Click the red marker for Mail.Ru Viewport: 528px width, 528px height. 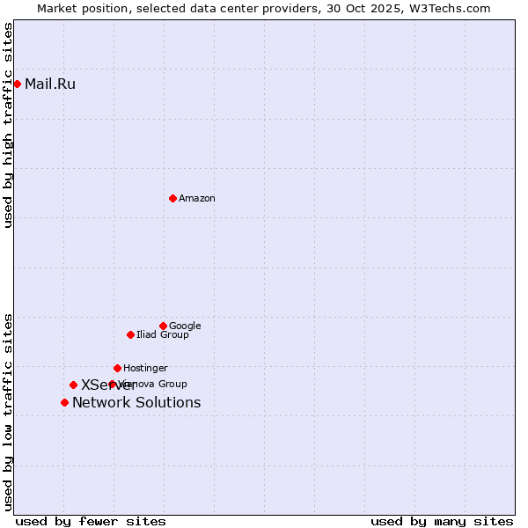tap(17, 84)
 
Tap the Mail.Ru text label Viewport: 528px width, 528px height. tap(50, 84)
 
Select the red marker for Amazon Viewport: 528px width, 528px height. tap(172, 198)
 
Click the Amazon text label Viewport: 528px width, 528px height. tap(197, 199)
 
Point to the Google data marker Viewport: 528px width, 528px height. tap(163, 326)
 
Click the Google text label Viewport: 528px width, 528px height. tap(185, 326)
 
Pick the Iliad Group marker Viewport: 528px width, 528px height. tap(130, 334)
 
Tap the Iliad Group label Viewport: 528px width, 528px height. tap(163, 335)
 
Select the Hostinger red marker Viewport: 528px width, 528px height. tap(117, 368)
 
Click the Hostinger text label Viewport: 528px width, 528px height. tap(145, 369)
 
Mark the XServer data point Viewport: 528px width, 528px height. tap(73, 385)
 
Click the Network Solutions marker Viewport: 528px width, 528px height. tap(64, 402)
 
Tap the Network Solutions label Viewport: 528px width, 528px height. tap(136, 403)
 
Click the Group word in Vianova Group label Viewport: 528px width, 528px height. tap(172, 385)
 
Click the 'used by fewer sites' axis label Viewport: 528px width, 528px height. tap(91, 521)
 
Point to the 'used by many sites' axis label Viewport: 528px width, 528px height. tap(442, 521)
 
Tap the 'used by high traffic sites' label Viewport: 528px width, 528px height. tap(8, 125)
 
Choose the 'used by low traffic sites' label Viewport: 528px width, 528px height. tap(8, 411)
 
